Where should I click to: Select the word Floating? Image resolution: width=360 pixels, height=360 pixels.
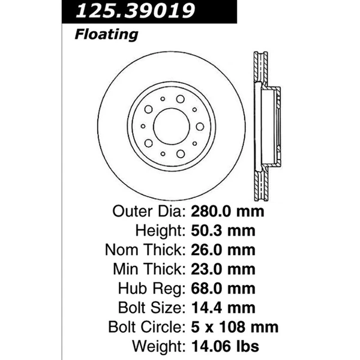click(x=106, y=34)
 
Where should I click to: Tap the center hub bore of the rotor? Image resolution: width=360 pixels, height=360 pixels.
click(x=171, y=126)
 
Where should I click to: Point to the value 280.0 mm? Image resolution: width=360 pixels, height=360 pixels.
click(x=227, y=212)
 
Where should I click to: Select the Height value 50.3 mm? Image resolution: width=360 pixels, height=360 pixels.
click(x=222, y=231)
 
